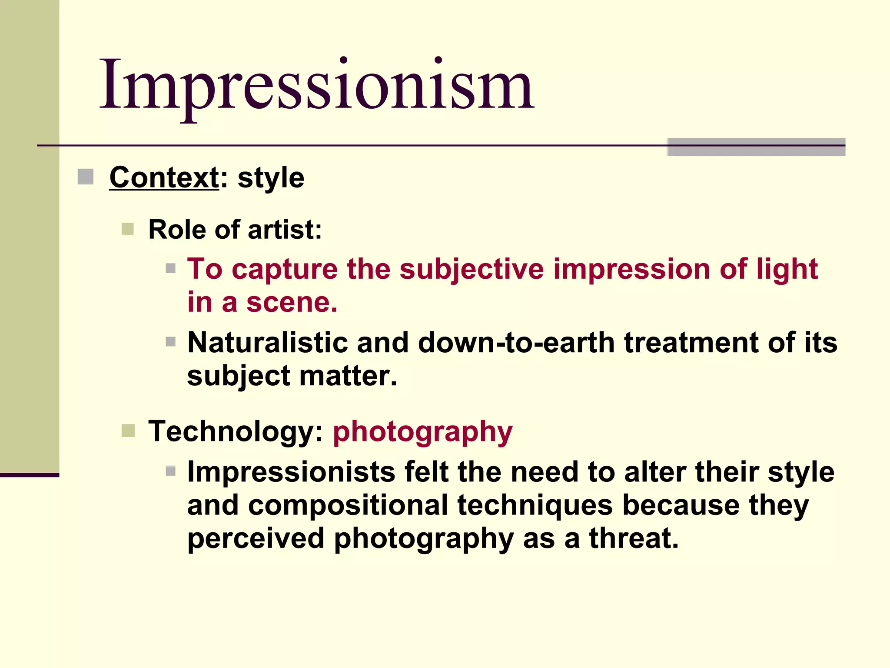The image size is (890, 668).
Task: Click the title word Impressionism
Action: tap(317, 85)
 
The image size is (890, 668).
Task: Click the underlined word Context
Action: tap(164, 178)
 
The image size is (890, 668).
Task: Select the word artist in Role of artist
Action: tap(285, 230)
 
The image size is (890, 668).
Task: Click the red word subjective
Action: tap(472, 270)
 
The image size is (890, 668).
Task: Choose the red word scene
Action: tap(292, 303)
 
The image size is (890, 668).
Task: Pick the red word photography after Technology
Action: tap(422, 432)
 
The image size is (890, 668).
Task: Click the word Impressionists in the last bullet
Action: tap(291, 472)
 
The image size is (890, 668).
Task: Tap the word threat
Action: tap(633, 538)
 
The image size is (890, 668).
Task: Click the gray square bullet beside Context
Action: tap(86, 177)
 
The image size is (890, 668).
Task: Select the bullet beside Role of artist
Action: tap(128, 229)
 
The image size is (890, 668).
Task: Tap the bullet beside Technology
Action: tap(128, 431)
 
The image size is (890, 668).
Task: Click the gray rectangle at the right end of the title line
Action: tap(756, 147)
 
